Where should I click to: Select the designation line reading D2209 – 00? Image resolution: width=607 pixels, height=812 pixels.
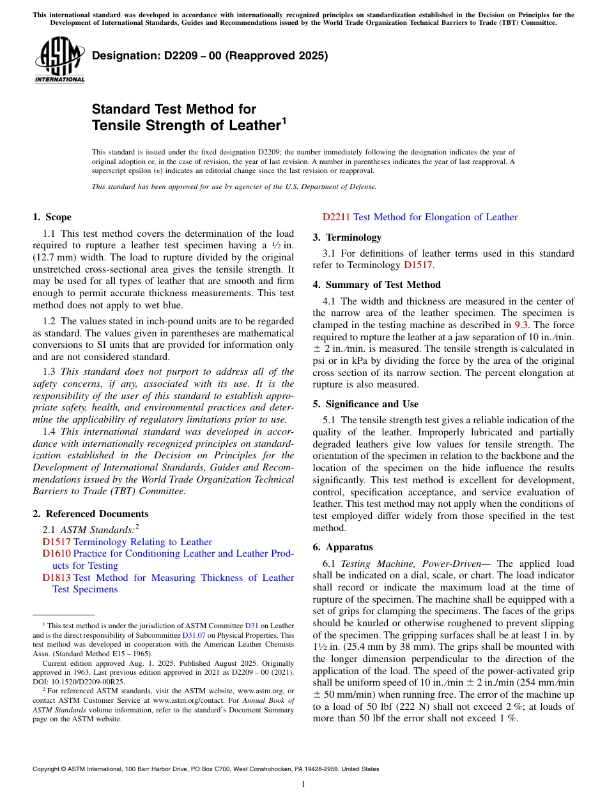(210, 56)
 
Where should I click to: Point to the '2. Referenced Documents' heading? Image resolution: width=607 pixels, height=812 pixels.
(91, 514)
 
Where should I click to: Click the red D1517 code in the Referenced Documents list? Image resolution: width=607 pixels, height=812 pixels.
(56, 542)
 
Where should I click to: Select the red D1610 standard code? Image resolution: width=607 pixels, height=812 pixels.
(56, 553)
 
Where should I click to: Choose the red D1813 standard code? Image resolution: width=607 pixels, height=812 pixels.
(56, 578)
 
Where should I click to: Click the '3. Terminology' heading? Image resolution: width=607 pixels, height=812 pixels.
(347, 237)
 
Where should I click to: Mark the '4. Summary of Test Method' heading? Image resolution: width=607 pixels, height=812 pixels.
(376, 285)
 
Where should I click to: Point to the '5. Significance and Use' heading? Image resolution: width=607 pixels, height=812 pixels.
(365, 404)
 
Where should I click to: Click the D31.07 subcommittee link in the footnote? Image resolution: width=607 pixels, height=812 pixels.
(193, 635)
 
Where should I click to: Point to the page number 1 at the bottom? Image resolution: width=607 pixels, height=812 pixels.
(303, 785)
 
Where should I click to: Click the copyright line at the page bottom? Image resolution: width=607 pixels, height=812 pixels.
(206, 769)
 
